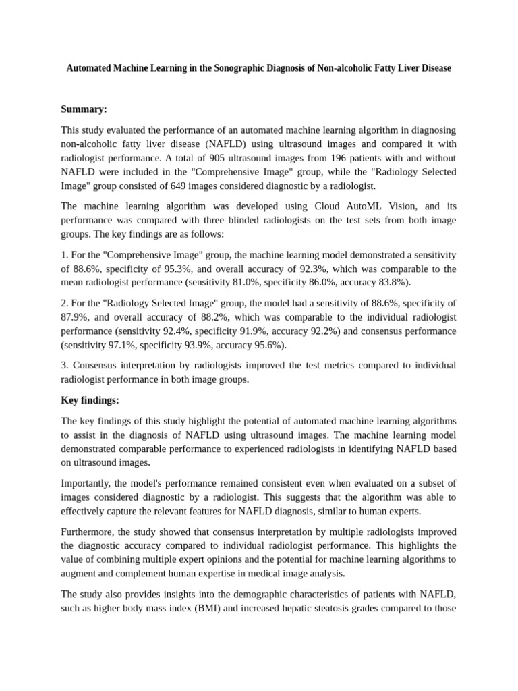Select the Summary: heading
coord(84,109)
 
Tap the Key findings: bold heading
coord(90,400)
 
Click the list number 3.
coord(65,366)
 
